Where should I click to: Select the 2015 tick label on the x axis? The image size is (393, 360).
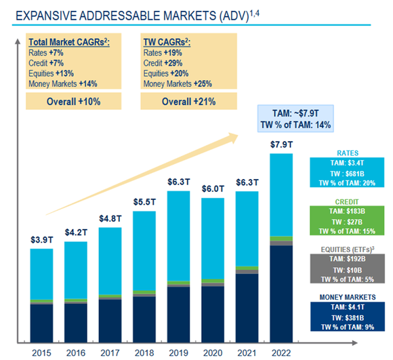click(41, 353)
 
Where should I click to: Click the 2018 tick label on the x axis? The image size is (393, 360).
click(144, 353)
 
